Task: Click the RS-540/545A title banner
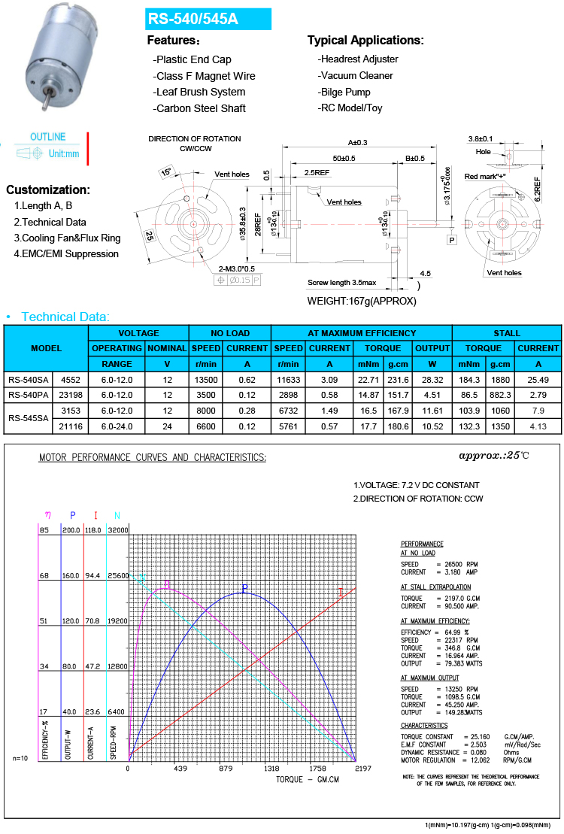(x=208, y=19)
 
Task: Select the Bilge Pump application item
(x=344, y=92)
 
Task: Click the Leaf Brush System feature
(x=199, y=92)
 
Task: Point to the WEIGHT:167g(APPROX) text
(x=362, y=301)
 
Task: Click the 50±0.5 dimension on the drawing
(x=344, y=159)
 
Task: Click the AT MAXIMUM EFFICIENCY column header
(x=361, y=333)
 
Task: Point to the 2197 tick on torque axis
(x=362, y=769)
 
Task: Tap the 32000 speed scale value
(x=119, y=529)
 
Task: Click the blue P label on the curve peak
(x=244, y=587)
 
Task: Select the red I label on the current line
(x=341, y=593)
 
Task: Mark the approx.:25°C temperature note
(x=494, y=456)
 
